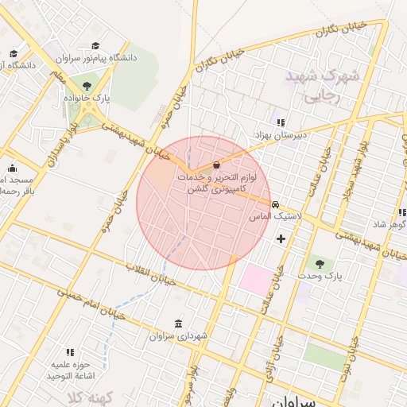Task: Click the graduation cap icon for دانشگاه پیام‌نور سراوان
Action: point(96,46)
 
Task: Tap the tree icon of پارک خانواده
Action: point(86,86)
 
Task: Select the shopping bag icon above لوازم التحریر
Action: point(217,165)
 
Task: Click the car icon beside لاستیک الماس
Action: point(275,204)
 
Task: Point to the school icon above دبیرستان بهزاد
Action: point(280,122)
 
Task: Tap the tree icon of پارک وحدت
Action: point(320,262)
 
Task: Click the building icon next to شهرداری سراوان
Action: point(176,324)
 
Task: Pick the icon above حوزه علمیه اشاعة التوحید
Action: point(70,351)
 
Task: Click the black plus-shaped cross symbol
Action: point(281,238)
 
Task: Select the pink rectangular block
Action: point(256,281)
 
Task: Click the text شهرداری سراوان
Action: point(178,336)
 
